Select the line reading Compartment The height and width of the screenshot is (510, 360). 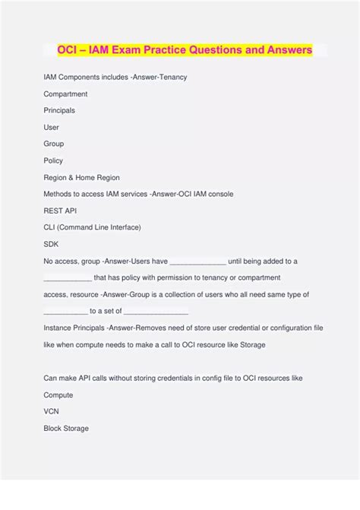coord(65,94)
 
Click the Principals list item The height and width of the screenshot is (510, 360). coord(59,111)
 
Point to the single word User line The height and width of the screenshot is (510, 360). coord(51,128)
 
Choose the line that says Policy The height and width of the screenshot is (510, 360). coord(53,160)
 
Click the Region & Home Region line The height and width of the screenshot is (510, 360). coord(81,177)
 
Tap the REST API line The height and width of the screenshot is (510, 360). coord(60,211)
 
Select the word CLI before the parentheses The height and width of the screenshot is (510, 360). coord(50,227)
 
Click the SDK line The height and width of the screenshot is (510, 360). coord(51,244)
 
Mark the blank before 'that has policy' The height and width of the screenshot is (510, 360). coord(68,277)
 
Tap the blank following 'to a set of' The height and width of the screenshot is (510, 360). coord(156,311)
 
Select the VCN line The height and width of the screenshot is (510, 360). coord(51,411)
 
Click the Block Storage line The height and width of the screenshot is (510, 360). coord(66,428)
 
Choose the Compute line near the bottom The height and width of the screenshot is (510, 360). coord(58,394)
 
